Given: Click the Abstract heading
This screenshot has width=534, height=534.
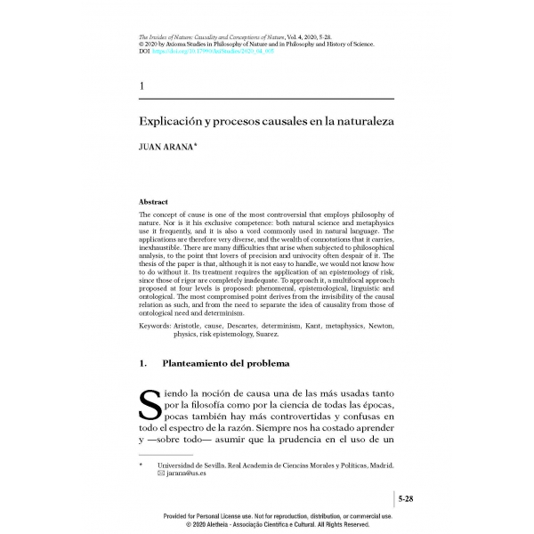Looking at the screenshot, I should [x=154, y=203].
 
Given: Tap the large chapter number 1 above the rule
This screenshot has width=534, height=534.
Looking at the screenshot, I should [x=143, y=85].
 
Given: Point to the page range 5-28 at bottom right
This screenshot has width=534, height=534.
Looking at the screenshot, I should [x=406, y=500].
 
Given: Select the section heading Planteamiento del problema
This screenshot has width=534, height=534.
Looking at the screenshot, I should [x=225, y=363].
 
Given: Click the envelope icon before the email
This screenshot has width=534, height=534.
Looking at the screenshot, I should [x=161, y=473].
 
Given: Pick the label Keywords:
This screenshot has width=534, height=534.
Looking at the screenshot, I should [x=156, y=327].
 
